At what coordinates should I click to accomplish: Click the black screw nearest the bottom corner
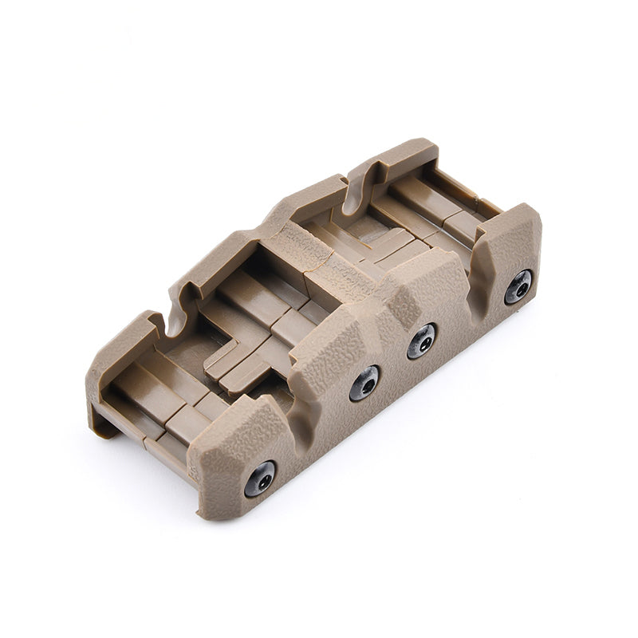[260, 478]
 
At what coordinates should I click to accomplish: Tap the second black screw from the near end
[364, 384]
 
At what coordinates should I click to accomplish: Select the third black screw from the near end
[422, 341]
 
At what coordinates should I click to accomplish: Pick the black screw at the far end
[518, 286]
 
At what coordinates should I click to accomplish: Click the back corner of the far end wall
[419, 148]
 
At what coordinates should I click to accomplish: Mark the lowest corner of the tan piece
[209, 514]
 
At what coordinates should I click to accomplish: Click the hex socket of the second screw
[364, 384]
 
